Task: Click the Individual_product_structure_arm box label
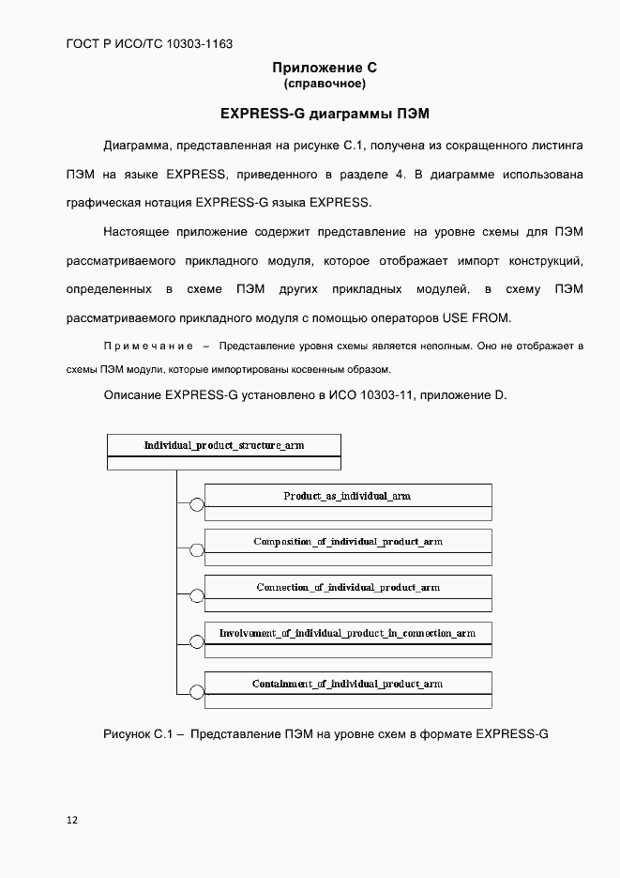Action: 224,445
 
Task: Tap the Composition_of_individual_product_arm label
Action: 347,542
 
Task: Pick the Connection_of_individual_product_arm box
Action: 347,588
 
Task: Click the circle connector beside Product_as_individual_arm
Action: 197,505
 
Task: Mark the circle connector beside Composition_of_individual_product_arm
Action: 197,551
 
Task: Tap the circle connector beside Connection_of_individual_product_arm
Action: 197,597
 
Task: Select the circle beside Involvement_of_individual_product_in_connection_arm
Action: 197,643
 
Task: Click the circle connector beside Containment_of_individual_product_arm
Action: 197,693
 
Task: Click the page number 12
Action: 72,820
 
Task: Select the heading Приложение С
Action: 324,68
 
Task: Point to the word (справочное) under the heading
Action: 324,84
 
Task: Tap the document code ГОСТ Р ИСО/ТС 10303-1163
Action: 149,43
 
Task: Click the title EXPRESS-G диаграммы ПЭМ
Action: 324,114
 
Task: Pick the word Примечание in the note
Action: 148,347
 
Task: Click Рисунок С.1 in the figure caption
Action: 141,733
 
